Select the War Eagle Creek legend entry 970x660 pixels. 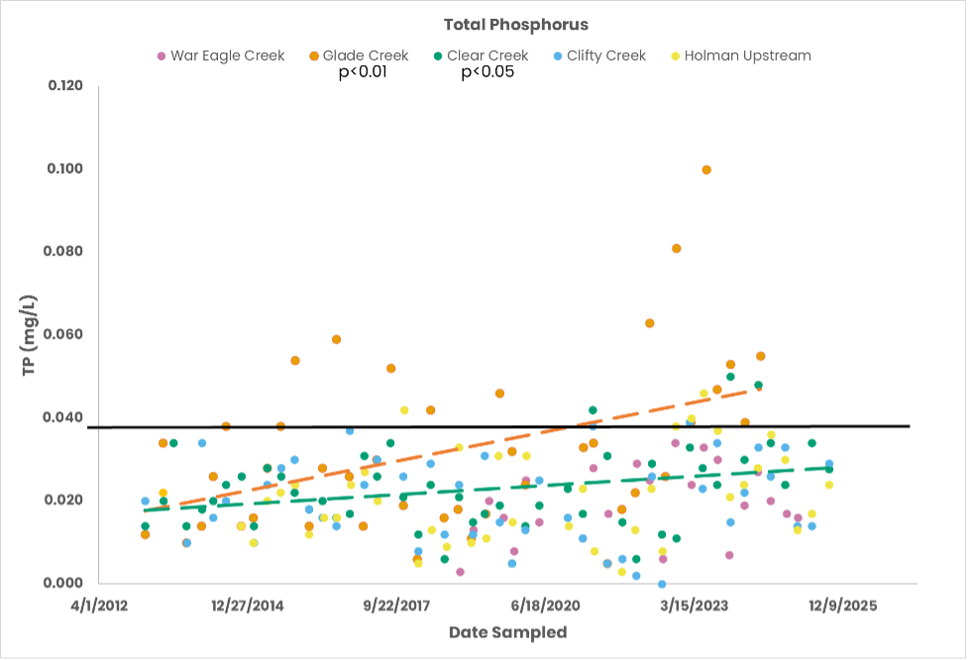click(x=221, y=55)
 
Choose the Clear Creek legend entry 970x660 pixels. click(x=482, y=55)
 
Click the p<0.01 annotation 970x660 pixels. click(x=363, y=72)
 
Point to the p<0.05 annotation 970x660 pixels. click(x=487, y=72)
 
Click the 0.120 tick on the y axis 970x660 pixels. click(x=66, y=86)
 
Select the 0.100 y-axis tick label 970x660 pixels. click(x=66, y=168)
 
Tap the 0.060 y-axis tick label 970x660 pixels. click(x=66, y=334)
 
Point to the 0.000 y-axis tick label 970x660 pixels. click(x=66, y=583)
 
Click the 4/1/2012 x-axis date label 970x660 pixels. click(x=98, y=605)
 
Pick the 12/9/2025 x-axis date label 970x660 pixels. click(x=841, y=605)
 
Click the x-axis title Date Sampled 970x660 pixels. click(x=507, y=632)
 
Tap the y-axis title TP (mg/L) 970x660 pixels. click(x=29, y=334)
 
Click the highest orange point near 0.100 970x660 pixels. click(x=706, y=169)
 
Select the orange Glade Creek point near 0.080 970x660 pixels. click(x=677, y=248)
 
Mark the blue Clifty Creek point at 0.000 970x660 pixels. click(x=662, y=584)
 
